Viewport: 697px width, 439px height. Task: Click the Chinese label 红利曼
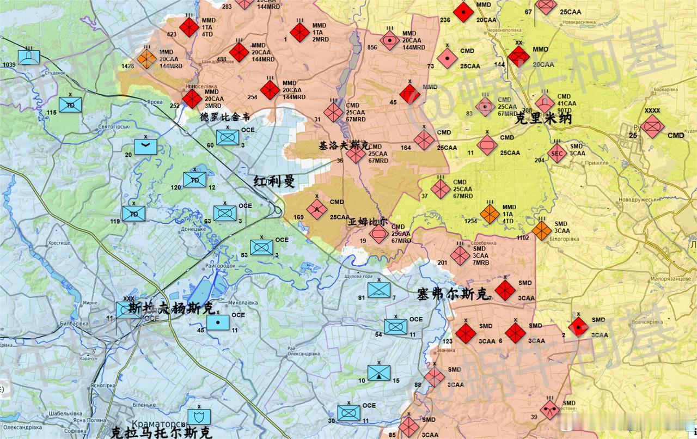[274, 181]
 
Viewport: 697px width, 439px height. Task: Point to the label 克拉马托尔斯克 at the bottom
[160, 432]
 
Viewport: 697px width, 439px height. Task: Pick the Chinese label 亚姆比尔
[368, 222]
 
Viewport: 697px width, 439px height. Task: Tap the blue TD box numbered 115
[70, 105]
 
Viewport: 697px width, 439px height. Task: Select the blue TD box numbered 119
[134, 214]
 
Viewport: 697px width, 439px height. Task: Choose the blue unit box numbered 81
[379, 290]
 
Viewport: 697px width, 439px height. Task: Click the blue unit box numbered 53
[262, 247]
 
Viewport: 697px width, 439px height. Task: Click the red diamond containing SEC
[557, 153]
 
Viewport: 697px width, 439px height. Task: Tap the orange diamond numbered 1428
[147, 59]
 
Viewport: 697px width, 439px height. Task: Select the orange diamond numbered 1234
[490, 214]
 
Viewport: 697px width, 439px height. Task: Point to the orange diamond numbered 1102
[542, 230]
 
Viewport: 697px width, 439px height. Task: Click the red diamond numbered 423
[189, 27]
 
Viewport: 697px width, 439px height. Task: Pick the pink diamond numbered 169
[316, 209]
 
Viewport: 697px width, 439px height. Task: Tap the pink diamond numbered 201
[460, 255]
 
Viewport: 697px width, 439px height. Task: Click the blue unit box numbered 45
[218, 322]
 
